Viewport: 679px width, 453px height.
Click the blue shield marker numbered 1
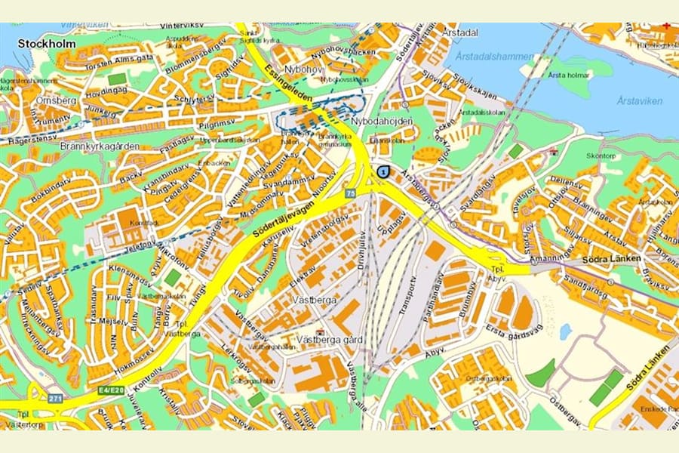click(383, 173)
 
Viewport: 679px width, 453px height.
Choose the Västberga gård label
click(330, 340)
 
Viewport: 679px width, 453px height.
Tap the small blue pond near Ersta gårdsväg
click(565, 331)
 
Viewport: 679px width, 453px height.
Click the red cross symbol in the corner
click(666, 26)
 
